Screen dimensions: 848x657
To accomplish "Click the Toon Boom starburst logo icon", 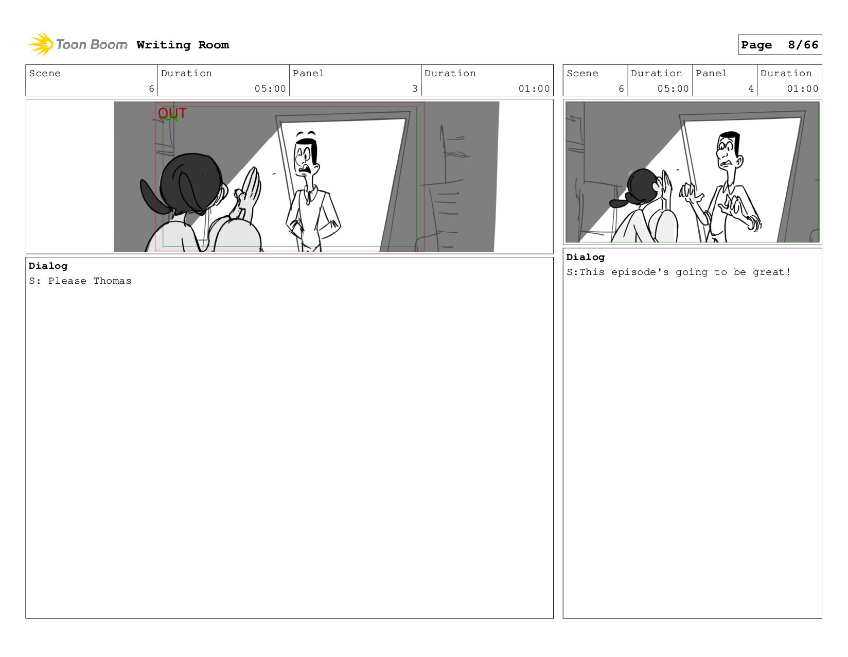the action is pos(41,44).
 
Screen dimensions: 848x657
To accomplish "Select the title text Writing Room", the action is pos(183,45).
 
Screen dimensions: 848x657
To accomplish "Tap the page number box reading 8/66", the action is pos(780,44).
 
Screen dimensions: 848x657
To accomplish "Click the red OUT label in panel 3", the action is pos(172,113).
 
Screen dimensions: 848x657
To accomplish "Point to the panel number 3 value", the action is pos(414,89).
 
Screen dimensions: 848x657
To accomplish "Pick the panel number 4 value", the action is pos(750,89).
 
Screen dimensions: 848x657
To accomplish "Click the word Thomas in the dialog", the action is pos(112,281).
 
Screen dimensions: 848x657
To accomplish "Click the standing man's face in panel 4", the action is pos(728,150).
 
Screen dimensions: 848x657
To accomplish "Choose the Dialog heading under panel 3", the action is pos(48,266).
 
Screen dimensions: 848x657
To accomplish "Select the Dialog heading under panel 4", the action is pos(586,257).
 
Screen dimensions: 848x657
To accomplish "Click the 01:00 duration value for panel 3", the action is pos(534,89).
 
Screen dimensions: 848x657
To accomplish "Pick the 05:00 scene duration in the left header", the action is pos(270,89).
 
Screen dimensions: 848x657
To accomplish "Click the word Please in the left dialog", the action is pos(67,281).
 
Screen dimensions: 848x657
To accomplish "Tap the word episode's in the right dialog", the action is pos(640,272).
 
